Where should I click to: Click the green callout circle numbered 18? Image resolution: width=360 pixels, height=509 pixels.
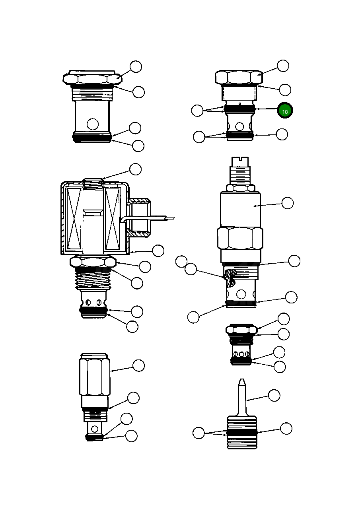(285, 111)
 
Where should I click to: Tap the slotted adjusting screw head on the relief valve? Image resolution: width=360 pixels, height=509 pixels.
(239, 161)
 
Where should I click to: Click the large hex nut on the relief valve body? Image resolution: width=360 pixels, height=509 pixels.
(240, 238)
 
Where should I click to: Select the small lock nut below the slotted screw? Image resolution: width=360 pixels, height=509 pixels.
(240, 188)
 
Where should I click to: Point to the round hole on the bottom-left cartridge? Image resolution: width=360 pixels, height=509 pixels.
(95, 429)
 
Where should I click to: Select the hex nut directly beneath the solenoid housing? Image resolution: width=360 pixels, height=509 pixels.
(93, 262)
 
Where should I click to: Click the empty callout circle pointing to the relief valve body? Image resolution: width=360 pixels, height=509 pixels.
(287, 203)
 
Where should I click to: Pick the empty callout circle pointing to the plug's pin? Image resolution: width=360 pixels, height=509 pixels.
(274, 395)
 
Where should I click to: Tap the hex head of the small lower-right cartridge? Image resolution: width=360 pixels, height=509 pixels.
(241, 330)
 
